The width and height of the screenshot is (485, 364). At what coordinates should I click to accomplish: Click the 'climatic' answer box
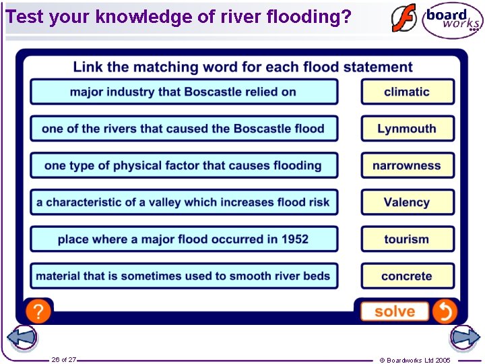[408, 92]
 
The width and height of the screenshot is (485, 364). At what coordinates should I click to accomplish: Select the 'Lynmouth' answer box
[408, 129]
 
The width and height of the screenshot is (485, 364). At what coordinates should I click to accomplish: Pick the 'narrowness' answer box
[408, 165]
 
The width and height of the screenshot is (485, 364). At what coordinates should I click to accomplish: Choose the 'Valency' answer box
[408, 202]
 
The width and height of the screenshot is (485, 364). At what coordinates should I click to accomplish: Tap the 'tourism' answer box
[408, 239]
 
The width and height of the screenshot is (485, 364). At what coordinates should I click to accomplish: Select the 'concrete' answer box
[408, 276]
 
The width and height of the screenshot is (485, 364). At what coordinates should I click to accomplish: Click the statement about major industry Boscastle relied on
[184, 92]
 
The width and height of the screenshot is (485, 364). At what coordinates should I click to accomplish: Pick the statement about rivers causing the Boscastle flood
[184, 129]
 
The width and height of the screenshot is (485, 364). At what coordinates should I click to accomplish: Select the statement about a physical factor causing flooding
[184, 165]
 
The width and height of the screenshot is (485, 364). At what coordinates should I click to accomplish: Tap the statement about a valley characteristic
[184, 202]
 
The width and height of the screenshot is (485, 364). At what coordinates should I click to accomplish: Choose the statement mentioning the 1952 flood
[184, 239]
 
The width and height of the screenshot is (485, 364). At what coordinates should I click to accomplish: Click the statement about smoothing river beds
[184, 276]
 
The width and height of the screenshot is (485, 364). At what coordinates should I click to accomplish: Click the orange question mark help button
[38, 311]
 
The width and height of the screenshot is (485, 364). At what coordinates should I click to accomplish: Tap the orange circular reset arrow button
[445, 311]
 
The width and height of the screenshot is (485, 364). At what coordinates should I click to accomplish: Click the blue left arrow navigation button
[22, 337]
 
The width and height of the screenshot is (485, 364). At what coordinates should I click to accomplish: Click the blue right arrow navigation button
[465, 337]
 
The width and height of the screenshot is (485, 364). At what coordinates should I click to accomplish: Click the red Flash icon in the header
[404, 18]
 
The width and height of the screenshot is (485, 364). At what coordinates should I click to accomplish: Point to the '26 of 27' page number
[64, 359]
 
